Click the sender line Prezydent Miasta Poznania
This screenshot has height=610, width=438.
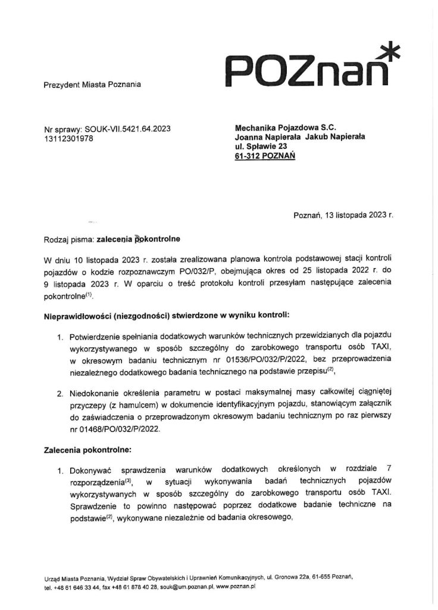pyautogui.click(x=92, y=86)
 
